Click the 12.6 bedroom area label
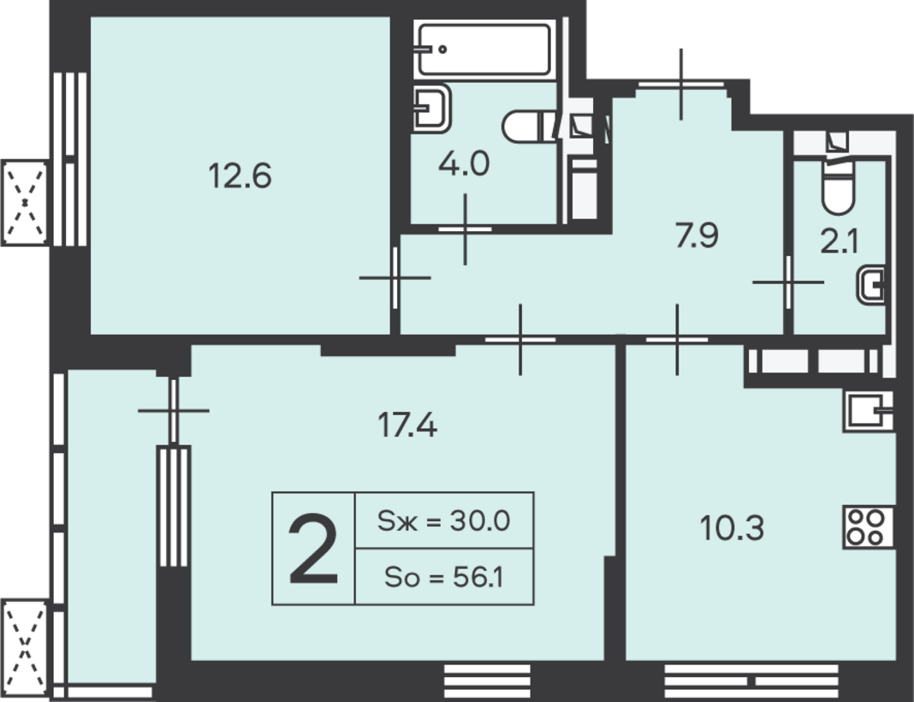(240, 175)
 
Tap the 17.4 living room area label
(407, 424)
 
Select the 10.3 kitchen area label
(732, 528)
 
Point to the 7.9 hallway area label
(697, 235)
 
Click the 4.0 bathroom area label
(464, 164)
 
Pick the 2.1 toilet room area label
(840, 241)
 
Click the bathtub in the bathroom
(484, 49)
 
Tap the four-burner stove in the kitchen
(868, 527)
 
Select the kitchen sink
(868, 411)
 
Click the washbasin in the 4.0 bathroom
(432, 108)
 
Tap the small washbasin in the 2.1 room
(871, 285)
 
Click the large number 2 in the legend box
(313, 549)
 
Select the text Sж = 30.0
(443, 521)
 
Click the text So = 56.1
(443, 577)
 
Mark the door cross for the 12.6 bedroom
(395, 277)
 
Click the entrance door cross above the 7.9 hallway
(681, 84)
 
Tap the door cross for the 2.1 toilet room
(788, 282)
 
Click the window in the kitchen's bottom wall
(751, 676)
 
